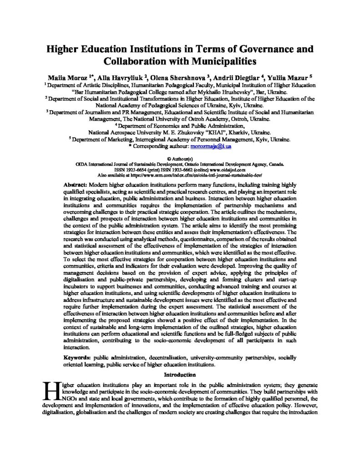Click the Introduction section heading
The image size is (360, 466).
[180, 375]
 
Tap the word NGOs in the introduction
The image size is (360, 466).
[65, 397]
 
